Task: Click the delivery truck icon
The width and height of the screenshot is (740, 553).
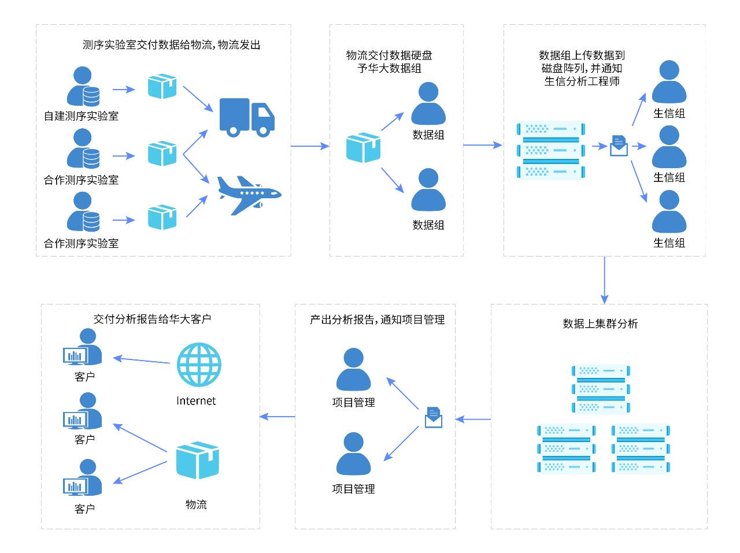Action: pyautogui.click(x=247, y=117)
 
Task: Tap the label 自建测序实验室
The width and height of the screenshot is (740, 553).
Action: pyautogui.click(x=81, y=116)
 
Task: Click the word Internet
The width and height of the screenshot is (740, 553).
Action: pyautogui.click(x=196, y=401)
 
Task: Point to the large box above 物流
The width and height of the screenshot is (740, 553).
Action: pyautogui.click(x=197, y=461)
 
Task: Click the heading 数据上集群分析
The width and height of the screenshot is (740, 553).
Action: pyautogui.click(x=600, y=324)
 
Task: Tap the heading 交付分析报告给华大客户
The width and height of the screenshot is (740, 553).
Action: pyautogui.click(x=152, y=319)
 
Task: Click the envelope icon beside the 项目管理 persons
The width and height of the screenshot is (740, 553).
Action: pyautogui.click(x=434, y=417)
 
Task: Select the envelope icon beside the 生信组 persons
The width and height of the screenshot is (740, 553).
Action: pyautogui.click(x=619, y=146)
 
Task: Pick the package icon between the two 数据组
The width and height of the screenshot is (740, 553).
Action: pyautogui.click(x=364, y=147)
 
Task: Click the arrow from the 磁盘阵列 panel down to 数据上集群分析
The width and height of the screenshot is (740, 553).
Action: pyautogui.click(x=605, y=280)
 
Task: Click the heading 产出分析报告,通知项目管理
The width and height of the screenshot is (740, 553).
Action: pyautogui.click(x=377, y=320)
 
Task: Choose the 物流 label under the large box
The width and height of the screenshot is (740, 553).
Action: pyautogui.click(x=196, y=504)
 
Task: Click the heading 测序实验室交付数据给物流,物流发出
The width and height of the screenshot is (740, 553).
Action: pyautogui.click(x=171, y=44)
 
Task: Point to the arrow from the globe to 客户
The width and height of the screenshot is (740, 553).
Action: pyautogui.click(x=142, y=360)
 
